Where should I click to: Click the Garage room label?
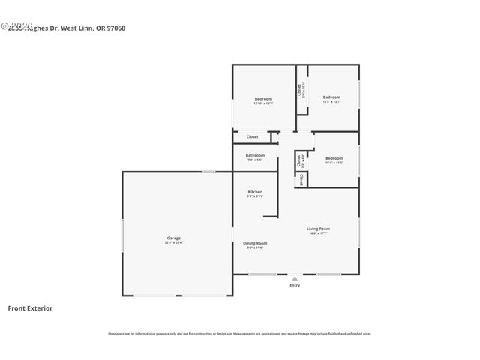[174, 238]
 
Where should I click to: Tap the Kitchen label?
[255, 192]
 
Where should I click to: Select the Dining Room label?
[255, 243]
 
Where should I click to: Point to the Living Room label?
[318, 229]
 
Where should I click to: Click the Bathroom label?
[255, 155]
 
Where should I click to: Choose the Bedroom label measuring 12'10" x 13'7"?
[263, 99]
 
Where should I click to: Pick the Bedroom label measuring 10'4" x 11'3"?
[334, 158]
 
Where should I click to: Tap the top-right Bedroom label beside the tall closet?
[331, 97]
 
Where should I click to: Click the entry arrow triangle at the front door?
[295, 278]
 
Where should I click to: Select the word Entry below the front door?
[295, 286]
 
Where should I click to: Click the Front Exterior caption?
[30, 307]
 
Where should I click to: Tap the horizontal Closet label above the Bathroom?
[253, 136]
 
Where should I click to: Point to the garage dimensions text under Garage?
[174, 242]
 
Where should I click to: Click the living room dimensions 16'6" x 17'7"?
[318, 233]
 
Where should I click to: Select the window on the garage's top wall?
[209, 172]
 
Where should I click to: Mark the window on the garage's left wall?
[123, 232]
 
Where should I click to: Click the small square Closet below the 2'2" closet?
[301, 179]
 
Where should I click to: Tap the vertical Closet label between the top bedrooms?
[300, 90]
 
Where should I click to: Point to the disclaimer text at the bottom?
[239, 334]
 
